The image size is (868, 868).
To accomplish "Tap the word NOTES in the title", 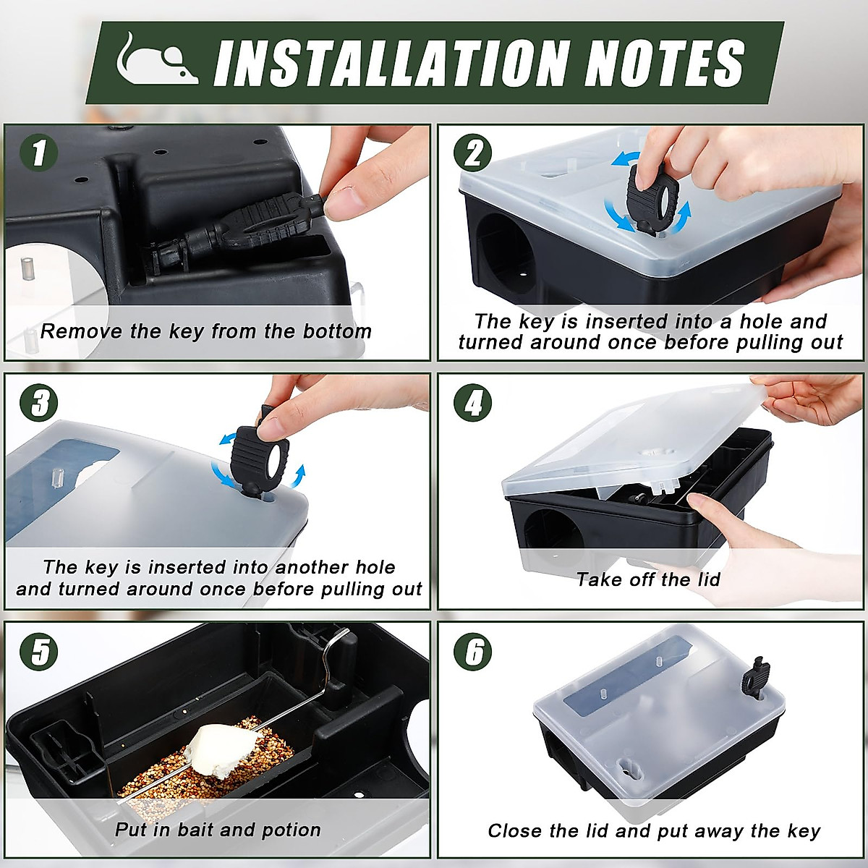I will (x=664, y=63).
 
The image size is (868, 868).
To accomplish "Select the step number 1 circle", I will (x=38, y=153).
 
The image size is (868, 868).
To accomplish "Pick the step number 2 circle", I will (x=472, y=153).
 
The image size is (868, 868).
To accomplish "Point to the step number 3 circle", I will (x=38, y=402).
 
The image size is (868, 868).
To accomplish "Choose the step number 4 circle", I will (x=472, y=402).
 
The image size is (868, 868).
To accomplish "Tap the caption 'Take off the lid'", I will (x=648, y=579).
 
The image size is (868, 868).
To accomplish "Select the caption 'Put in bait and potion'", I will (x=217, y=830).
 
